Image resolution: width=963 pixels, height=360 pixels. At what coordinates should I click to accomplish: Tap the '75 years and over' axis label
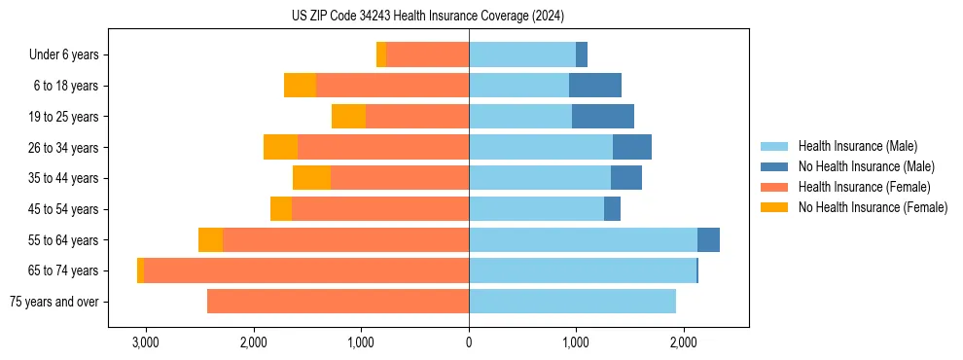point(53,302)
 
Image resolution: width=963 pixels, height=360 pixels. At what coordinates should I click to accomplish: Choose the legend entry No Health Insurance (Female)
point(873,207)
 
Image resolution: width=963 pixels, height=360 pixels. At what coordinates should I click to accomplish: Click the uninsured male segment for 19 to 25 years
point(603,117)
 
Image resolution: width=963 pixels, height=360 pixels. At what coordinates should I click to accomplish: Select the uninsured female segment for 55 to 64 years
point(210,240)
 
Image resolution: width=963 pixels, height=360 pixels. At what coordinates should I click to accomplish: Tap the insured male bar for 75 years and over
point(572,302)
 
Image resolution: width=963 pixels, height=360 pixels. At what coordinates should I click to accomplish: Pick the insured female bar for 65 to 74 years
point(306,270)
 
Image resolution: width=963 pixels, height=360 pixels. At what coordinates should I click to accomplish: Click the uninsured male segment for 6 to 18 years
point(595,86)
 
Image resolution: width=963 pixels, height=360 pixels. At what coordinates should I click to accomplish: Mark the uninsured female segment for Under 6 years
point(381,55)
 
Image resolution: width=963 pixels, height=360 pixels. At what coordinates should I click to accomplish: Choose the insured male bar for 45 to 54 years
point(536,209)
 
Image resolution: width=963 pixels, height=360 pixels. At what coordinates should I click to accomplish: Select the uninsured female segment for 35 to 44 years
point(311,178)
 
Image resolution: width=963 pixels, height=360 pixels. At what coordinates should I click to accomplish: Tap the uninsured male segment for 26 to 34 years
point(632,148)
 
